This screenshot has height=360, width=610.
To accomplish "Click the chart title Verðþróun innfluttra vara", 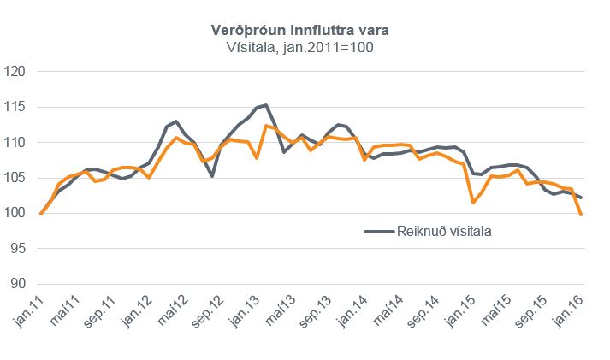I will pos(305,31).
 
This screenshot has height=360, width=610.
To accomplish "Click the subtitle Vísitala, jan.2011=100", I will pos(305,48).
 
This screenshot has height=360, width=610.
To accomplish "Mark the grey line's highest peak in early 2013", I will pos(266,105).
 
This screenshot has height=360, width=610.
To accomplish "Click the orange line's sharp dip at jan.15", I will pos(473,203).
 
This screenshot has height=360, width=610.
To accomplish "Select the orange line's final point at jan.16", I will pos(582,215).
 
